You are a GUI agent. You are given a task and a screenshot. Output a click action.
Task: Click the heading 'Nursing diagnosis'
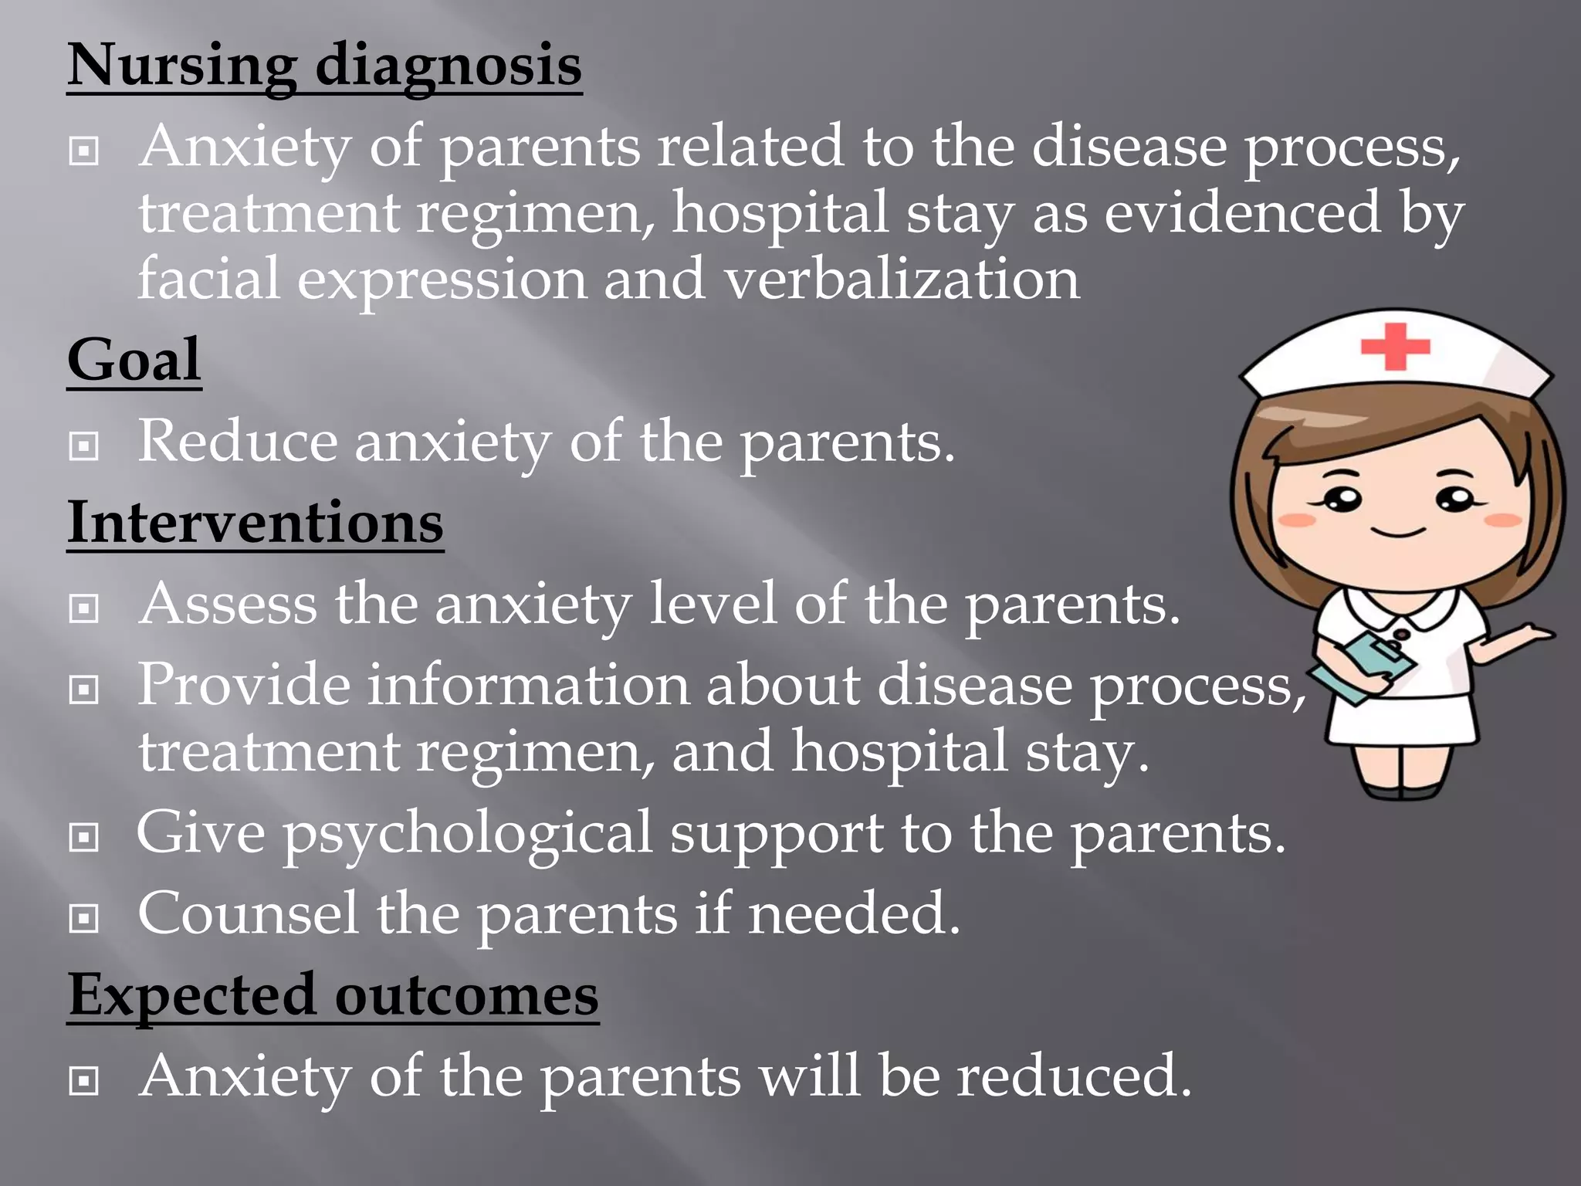click(324, 65)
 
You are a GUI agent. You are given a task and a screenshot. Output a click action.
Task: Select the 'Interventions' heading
click(256, 523)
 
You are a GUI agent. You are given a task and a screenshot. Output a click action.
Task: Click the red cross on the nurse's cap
click(1395, 346)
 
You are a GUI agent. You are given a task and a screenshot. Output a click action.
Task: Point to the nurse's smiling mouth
click(1397, 532)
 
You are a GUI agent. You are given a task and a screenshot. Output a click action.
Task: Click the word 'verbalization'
click(902, 279)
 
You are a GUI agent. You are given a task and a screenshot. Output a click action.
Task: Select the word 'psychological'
click(468, 834)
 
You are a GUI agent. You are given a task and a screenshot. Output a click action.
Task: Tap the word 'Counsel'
click(248, 913)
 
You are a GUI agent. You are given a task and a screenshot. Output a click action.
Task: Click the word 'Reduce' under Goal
click(238, 442)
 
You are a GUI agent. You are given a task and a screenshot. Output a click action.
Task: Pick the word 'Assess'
click(228, 604)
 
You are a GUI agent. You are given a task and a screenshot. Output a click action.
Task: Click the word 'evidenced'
click(1242, 212)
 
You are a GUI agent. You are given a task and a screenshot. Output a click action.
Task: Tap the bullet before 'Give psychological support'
click(83, 837)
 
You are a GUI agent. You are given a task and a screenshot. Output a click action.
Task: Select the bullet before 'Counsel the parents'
click(83, 918)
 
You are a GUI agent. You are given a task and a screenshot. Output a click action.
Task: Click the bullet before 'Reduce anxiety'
click(83, 446)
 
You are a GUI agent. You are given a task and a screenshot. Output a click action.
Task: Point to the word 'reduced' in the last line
click(1074, 1076)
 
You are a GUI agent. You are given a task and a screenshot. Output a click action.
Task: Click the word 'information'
click(528, 685)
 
